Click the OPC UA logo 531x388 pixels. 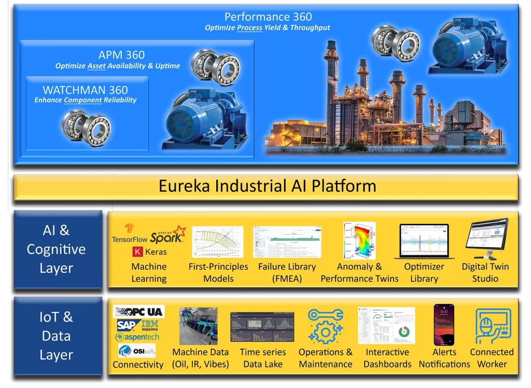tap(138, 312)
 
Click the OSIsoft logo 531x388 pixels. tap(136, 350)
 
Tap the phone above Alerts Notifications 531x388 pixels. tap(443, 325)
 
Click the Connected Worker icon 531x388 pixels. tap(493, 326)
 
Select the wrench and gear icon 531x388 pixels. tap(325, 326)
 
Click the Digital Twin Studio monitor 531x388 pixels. tap(486, 239)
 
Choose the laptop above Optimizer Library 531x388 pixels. tap(424, 241)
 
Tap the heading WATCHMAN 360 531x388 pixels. tap(86, 90)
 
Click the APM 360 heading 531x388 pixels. tap(121, 55)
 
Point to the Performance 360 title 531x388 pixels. tap(267, 17)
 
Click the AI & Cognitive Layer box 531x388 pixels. tap(57, 249)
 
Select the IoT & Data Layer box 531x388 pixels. tap(57, 336)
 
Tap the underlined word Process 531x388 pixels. tap(249, 28)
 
